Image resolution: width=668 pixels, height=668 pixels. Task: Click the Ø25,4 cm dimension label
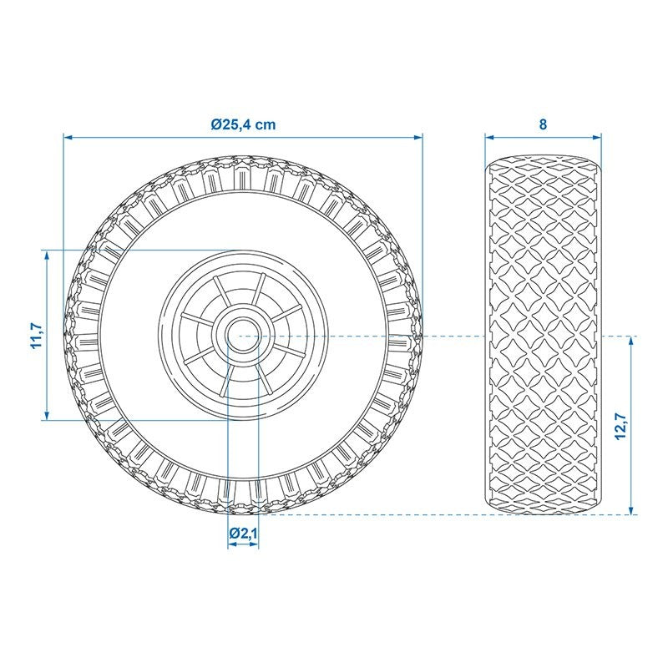[243, 124]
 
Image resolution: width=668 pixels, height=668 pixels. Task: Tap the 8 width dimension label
[543, 124]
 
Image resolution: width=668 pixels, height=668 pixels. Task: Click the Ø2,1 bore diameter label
[243, 533]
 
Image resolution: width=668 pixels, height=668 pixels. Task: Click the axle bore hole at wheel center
[243, 336]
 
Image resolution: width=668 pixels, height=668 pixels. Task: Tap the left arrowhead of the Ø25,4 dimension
[68, 137]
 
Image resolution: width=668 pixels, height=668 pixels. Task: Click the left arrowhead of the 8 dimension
[489, 137]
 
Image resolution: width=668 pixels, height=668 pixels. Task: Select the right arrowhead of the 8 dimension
[597, 137]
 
